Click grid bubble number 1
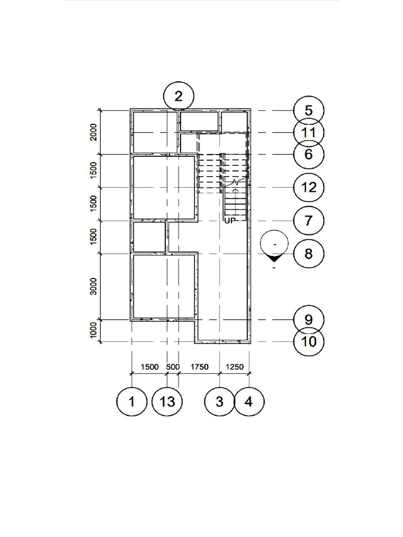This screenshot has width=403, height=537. click(131, 402)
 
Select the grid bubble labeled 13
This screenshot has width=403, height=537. click(167, 402)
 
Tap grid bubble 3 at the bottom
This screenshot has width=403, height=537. click(219, 402)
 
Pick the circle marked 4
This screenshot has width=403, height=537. click(249, 402)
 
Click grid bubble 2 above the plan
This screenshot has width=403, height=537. click(179, 96)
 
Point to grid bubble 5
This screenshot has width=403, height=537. click(309, 111)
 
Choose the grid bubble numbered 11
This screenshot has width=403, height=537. click(309, 132)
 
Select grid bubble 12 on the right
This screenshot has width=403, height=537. click(309, 187)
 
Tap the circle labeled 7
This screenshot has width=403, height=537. click(309, 220)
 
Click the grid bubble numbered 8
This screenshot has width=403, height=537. click(309, 254)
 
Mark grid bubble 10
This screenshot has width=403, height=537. click(309, 341)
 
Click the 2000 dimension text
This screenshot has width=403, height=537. click(93, 133)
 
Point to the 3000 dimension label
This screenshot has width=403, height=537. click(93, 287)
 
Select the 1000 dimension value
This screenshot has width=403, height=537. click(93, 330)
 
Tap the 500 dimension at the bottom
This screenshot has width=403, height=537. click(173, 367)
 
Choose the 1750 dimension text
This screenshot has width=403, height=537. click(199, 367)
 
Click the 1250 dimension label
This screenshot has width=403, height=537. click(234, 367)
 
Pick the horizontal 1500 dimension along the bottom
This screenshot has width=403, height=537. click(149, 367)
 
